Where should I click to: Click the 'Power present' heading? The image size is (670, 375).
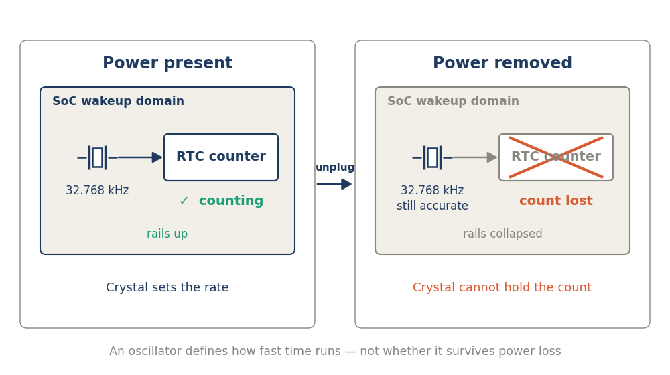click(x=167, y=63)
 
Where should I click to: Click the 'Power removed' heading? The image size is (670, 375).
click(x=503, y=63)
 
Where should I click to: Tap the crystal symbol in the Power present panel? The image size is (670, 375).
click(x=97, y=157)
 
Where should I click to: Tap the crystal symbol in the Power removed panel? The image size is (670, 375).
click(x=432, y=157)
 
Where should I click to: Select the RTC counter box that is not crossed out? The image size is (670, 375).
click(x=221, y=157)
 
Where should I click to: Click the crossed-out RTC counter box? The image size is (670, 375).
click(x=556, y=157)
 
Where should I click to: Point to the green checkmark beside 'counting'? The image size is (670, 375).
click(x=184, y=200)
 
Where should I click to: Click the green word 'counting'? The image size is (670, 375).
click(x=231, y=201)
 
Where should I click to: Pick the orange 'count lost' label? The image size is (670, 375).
click(x=556, y=200)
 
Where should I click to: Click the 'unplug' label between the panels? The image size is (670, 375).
click(x=335, y=167)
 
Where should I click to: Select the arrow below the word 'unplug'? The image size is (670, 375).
click(x=334, y=184)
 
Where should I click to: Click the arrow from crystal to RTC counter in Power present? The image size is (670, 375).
click(x=140, y=157)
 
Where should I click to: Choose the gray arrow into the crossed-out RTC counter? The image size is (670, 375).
click(x=475, y=157)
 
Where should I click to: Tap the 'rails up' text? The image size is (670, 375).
click(x=167, y=234)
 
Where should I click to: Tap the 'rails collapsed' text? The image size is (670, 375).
click(x=503, y=234)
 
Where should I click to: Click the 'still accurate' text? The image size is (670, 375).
click(x=432, y=206)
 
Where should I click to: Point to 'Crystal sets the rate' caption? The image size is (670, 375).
click(x=167, y=287)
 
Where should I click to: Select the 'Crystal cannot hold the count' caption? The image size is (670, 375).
click(x=502, y=287)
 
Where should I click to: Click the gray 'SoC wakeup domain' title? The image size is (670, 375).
click(x=454, y=101)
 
